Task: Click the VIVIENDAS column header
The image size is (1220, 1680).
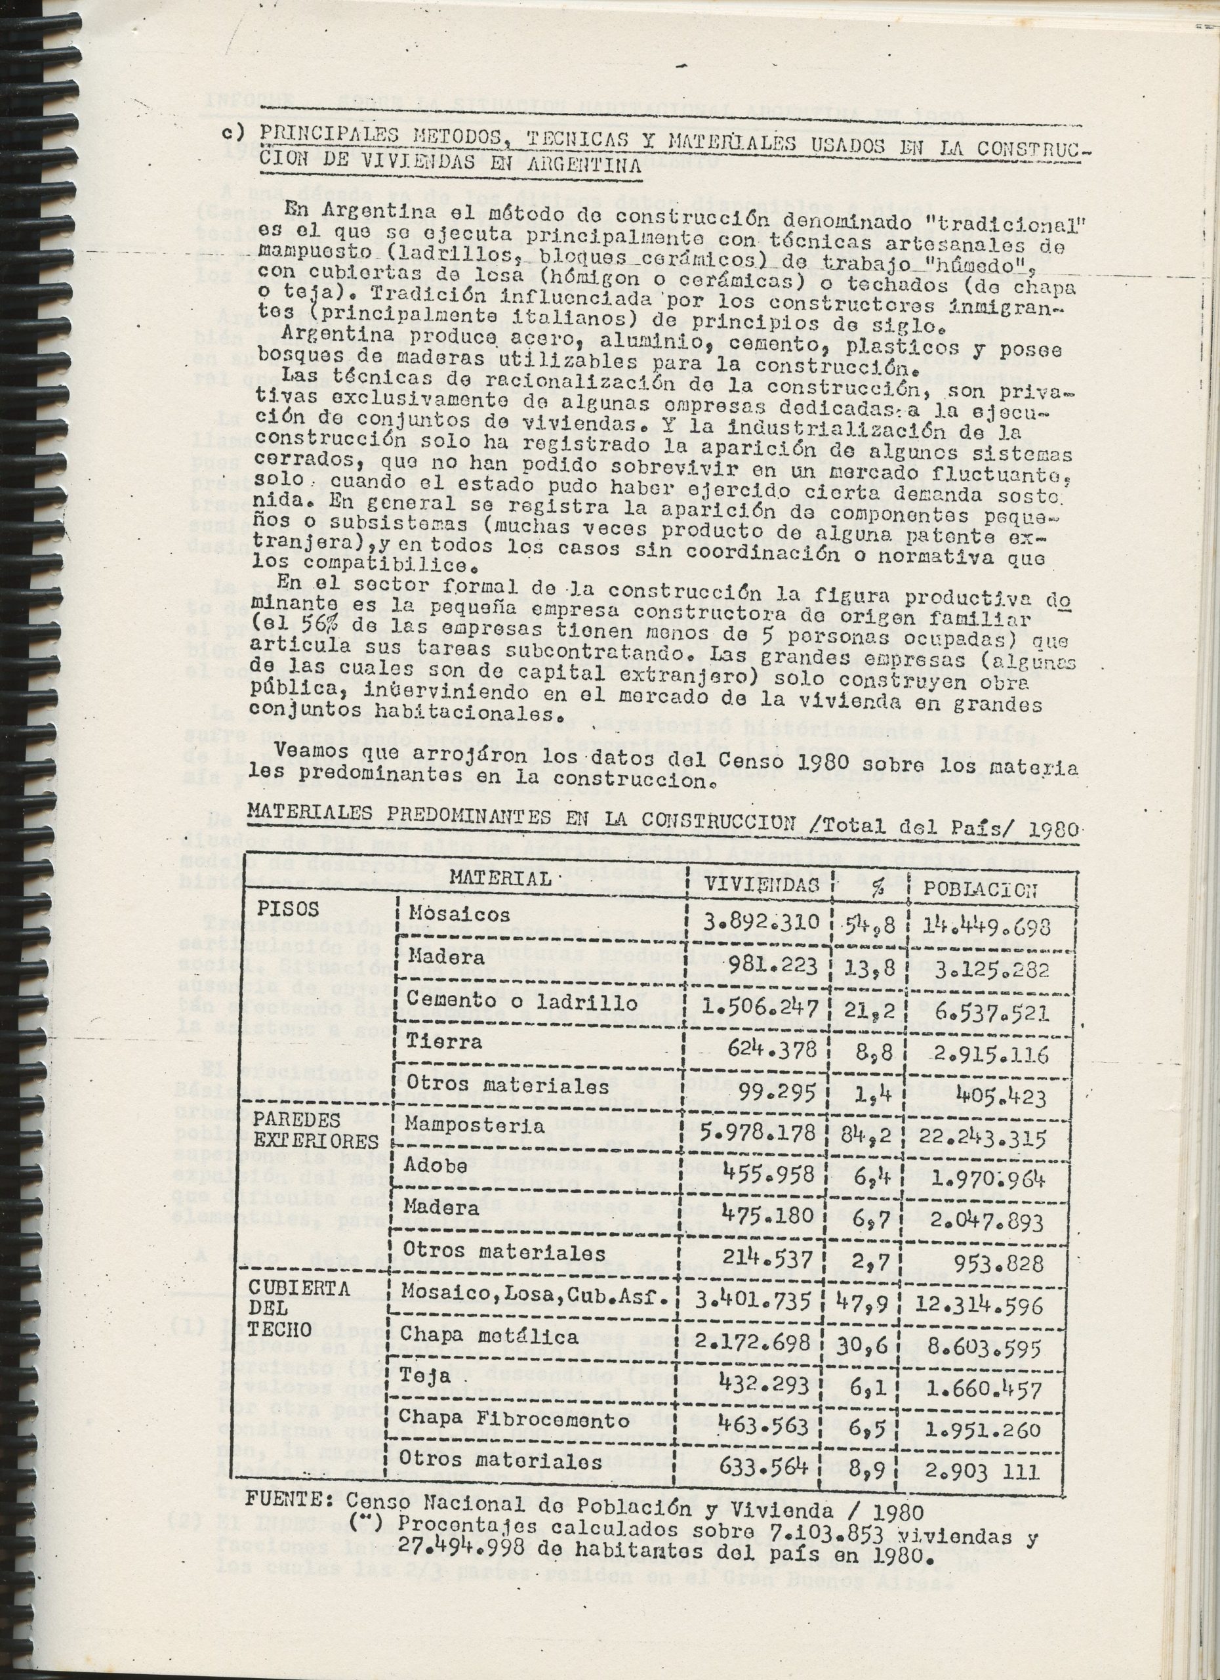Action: point(762,885)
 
